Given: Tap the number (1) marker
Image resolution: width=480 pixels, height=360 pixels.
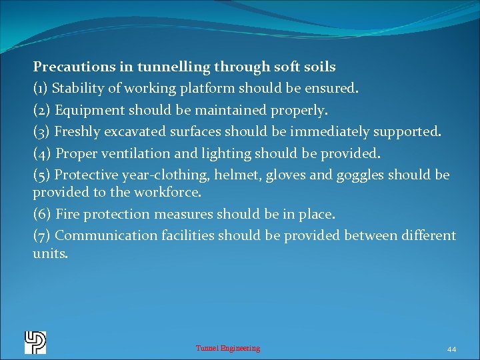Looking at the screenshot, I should pyautogui.click(x=41, y=88).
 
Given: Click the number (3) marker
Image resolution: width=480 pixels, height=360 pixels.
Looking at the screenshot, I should pyautogui.click(x=41, y=131).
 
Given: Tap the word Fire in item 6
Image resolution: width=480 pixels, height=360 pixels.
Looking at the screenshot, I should pyautogui.click(x=68, y=214).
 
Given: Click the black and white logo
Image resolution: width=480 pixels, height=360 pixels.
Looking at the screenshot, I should pyautogui.click(x=35, y=342).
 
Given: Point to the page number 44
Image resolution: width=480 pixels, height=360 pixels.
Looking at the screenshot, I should pyautogui.click(x=451, y=349).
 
